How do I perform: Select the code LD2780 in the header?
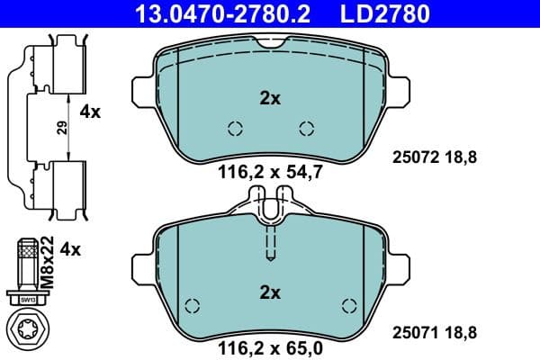coord(384,13)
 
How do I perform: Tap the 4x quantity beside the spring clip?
coord(91,112)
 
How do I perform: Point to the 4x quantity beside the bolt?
coord(70,249)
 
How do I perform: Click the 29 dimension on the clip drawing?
coord(62,128)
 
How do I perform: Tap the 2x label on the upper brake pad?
coord(270,98)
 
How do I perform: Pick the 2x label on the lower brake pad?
coord(270,292)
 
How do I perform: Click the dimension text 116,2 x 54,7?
coord(270,170)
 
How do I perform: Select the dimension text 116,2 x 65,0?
coord(270,344)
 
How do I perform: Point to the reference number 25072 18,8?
coord(434,157)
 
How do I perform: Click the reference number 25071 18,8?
coord(434,332)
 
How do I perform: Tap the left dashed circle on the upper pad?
coord(235,128)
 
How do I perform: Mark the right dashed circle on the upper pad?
coord(306,128)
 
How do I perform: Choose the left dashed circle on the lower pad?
coord(191,304)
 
